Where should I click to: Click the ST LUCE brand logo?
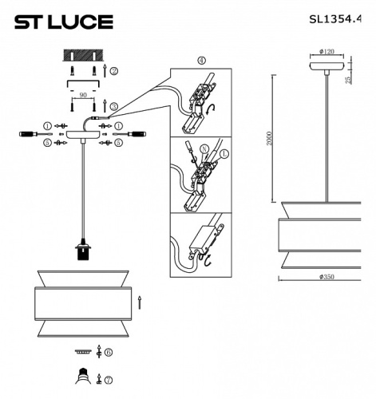click(x=64, y=22)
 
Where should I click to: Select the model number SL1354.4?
click(x=341, y=22)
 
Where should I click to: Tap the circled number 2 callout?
click(x=114, y=72)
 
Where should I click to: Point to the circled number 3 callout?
click(x=114, y=105)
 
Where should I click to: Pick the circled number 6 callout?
click(x=109, y=351)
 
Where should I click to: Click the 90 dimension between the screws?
click(x=83, y=94)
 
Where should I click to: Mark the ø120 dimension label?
click(x=327, y=53)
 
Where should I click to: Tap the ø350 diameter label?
click(x=326, y=276)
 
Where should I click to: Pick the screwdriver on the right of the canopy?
click(x=139, y=135)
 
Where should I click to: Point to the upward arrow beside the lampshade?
click(x=141, y=302)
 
